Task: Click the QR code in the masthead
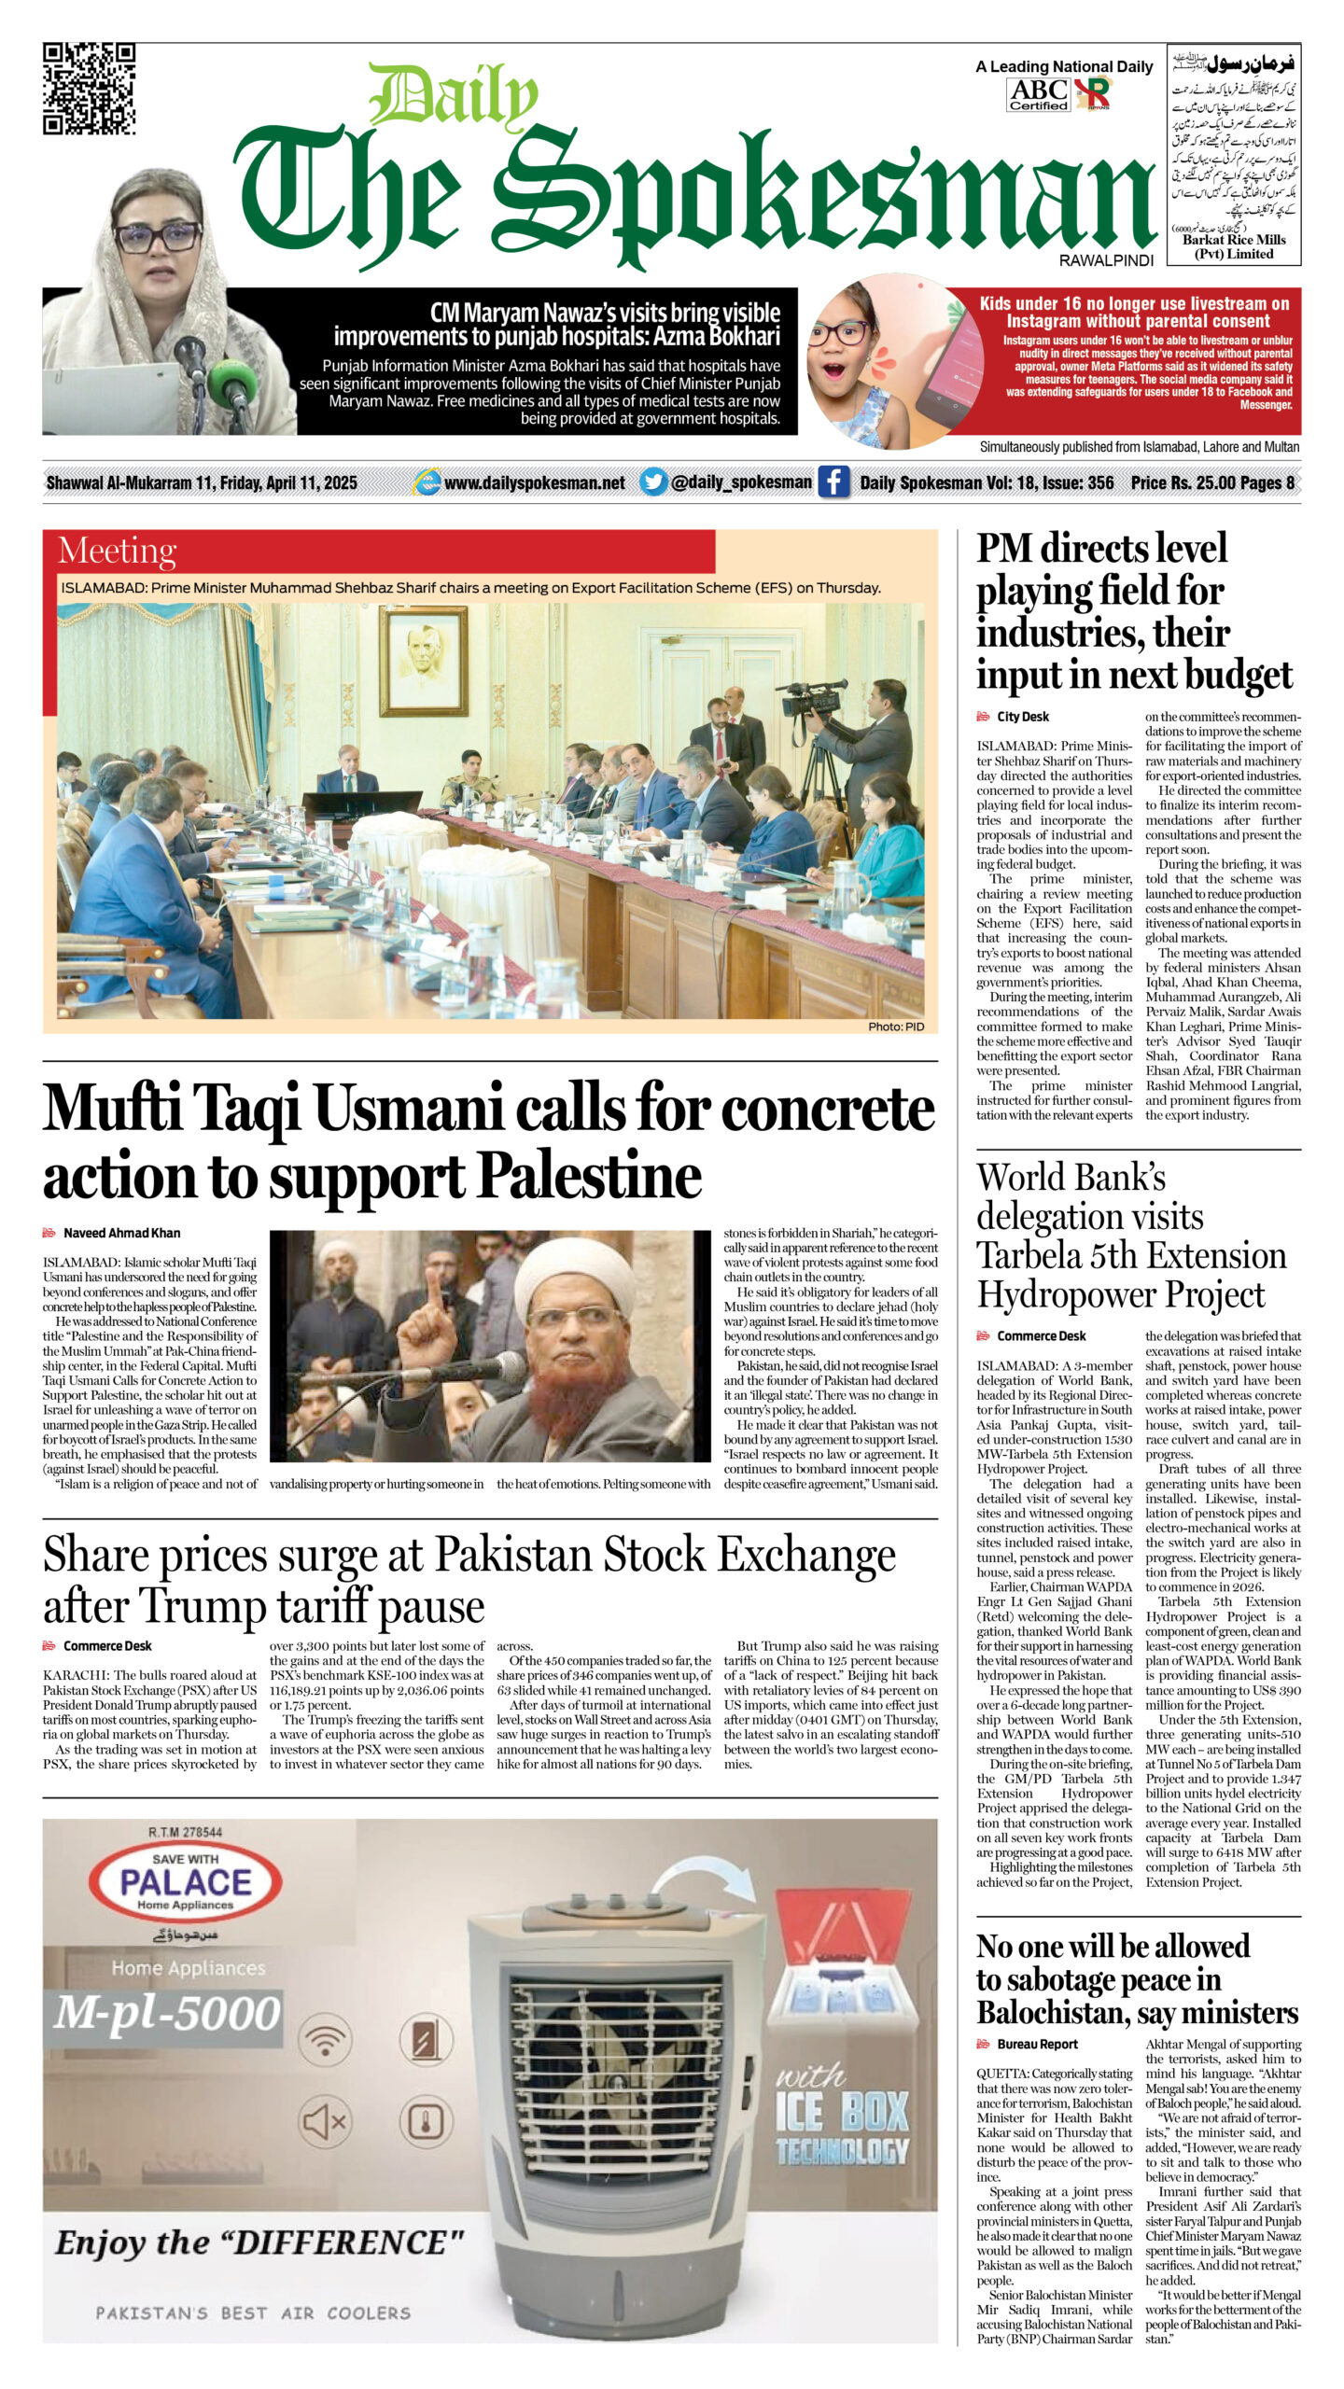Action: point(89,89)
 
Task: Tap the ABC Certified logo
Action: point(1038,94)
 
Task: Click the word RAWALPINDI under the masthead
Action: point(1106,261)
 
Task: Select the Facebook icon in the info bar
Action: point(833,482)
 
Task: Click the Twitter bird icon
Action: point(653,482)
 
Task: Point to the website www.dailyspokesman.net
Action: point(534,482)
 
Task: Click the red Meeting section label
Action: point(118,552)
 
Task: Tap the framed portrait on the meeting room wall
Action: point(423,661)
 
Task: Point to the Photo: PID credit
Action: point(895,1027)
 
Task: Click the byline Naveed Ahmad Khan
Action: point(121,1233)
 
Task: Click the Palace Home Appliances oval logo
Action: point(185,1882)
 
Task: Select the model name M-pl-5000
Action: point(166,2013)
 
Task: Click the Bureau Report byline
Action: point(1037,2045)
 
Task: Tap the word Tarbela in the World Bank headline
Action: point(1034,1256)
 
